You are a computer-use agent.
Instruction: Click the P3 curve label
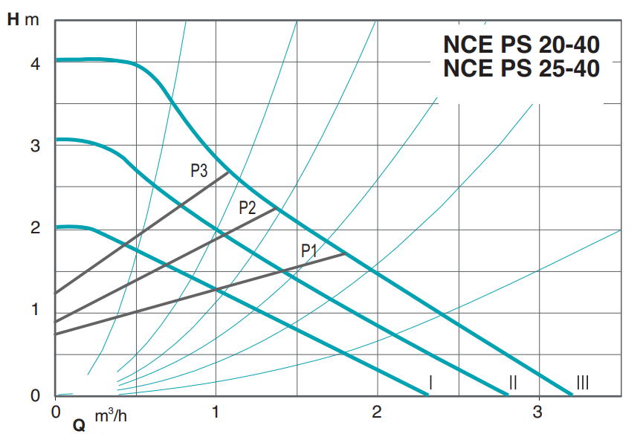coord(198,171)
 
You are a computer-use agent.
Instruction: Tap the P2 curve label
coord(248,208)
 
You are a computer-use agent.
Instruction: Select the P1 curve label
coord(309,250)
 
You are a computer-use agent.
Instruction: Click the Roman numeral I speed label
coord(430,383)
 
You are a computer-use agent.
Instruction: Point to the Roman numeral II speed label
coord(512,383)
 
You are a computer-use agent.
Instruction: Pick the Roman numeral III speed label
coord(583,383)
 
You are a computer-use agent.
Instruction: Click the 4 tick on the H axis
coord(35,64)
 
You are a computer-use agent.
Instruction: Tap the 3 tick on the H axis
coord(35,146)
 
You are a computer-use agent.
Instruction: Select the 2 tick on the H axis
coord(35,228)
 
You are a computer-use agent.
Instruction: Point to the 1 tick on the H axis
coord(35,310)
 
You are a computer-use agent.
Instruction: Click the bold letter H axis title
coord(13,19)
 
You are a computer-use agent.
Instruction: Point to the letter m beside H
coord(31,19)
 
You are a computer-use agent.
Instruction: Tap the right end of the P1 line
coord(346,253)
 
